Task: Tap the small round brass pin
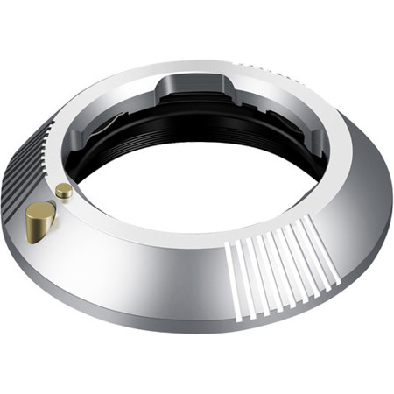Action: click(63, 190)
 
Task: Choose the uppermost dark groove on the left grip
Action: click(42, 131)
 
